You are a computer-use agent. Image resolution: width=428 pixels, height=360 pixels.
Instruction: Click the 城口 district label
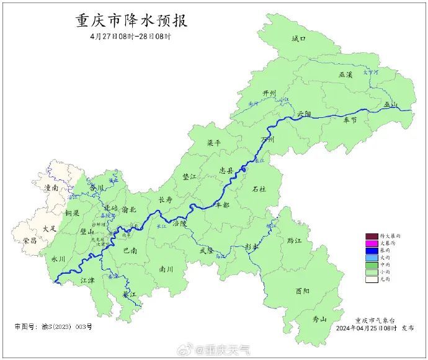(299, 39)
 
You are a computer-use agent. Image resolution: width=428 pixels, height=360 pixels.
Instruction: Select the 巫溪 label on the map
(345, 74)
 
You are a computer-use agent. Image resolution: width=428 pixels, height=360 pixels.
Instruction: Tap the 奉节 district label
(350, 120)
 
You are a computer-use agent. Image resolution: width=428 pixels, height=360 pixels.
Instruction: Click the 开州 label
(269, 93)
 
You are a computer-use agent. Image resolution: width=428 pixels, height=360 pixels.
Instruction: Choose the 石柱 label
(259, 189)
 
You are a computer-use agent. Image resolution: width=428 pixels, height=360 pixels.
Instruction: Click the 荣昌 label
(30, 240)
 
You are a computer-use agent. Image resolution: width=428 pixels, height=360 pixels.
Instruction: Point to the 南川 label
(166, 269)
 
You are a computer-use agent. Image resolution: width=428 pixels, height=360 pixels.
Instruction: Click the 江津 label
(88, 281)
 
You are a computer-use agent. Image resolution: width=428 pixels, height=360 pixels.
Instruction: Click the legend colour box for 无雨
(372, 279)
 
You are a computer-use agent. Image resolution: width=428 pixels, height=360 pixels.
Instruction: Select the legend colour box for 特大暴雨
(372, 236)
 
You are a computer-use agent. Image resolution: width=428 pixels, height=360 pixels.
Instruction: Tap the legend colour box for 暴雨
(372, 250)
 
